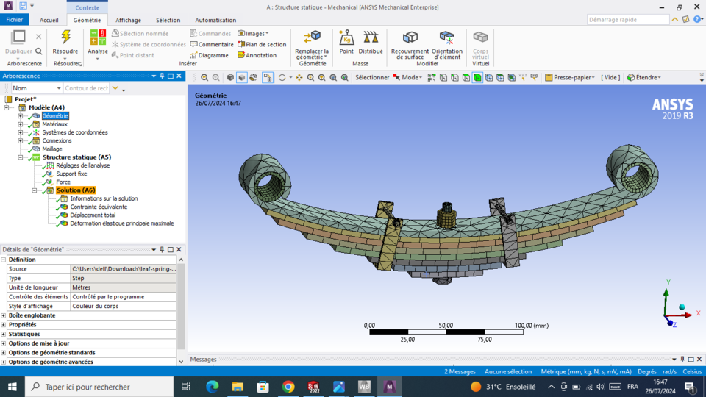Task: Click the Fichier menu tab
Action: tap(15, 20)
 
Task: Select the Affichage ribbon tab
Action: tap(128, 20)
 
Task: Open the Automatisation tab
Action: tap(215, 20)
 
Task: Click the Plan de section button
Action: tap(262, 44)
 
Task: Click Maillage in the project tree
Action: tap(51, 149)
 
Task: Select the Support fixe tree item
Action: tap(71, 174)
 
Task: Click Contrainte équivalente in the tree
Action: tap(99, 207)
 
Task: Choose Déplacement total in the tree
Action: tap(93, 215)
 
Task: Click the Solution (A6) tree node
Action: tap(75, 190)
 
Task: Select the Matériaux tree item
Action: tap(54, 124)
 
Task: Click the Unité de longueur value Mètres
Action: tap(82, 287)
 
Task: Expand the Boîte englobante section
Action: tap(4, 315)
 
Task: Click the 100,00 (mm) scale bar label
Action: tap(532, 325)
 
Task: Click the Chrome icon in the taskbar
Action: tap(288, 387)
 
